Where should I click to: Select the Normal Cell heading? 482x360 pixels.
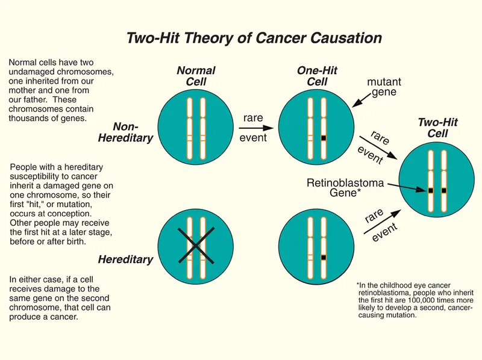point(196,76)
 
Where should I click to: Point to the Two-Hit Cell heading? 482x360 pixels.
point(437,128)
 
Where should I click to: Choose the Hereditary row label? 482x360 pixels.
point(125,259)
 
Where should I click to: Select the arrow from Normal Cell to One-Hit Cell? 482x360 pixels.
point(252,128)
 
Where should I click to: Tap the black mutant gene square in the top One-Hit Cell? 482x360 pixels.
point(324,138)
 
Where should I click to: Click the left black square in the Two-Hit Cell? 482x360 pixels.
point(431,191)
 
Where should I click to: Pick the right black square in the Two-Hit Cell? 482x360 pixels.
point(444,191)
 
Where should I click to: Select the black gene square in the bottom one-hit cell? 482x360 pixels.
point(324,257)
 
